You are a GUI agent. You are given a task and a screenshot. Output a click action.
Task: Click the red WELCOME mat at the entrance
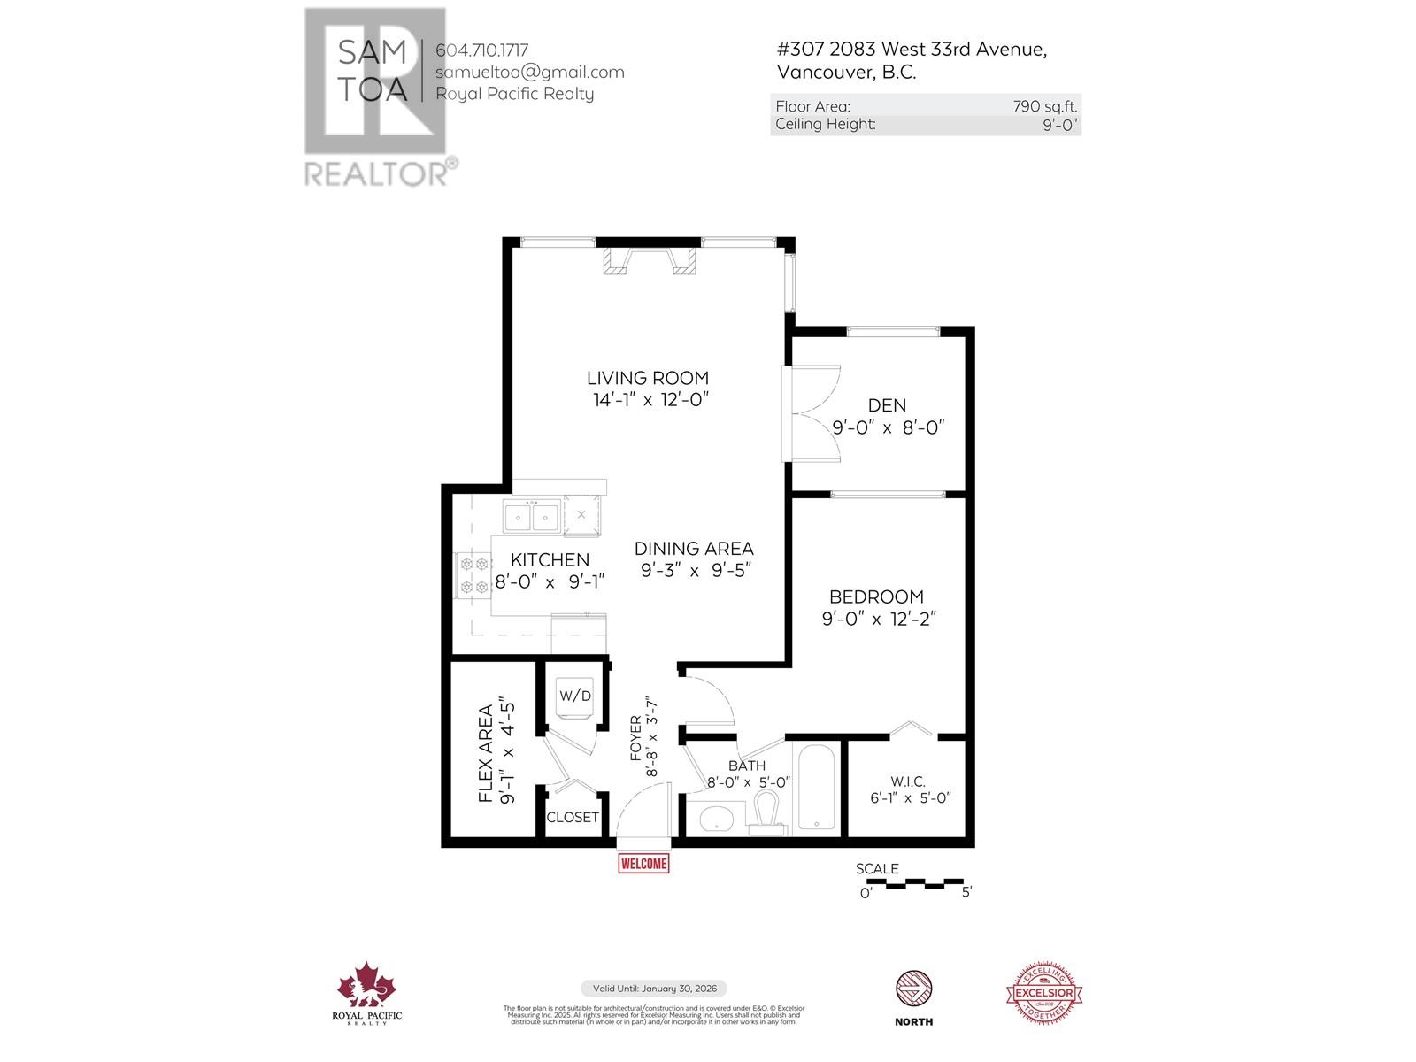[x=643, y=863]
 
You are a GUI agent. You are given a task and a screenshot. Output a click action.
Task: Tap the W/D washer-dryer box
[x=574, y=696]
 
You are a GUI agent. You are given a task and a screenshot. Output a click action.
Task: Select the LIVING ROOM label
[x=651, y=378]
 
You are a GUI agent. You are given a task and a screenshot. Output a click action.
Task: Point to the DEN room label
[x=887, y=405]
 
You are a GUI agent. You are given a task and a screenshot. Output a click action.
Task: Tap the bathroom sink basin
[x=716, y=820]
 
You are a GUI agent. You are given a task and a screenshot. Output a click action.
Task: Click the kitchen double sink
[x=531, y=516]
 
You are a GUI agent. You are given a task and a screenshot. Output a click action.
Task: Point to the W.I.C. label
[x=908, y=781]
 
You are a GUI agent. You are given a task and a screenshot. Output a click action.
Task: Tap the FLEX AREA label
[x=486, y=754]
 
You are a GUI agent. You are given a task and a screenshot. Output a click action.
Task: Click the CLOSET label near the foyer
[x=573, y=818]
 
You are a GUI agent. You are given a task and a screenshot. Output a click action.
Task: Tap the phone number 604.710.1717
[x=482, y=50]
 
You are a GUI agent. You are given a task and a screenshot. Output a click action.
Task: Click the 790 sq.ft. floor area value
[x=1045, y=106]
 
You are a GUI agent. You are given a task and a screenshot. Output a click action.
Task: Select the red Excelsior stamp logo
[x=1046, y=993]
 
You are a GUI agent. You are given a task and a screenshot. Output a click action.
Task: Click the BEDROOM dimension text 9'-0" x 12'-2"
[x=879, y=619]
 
